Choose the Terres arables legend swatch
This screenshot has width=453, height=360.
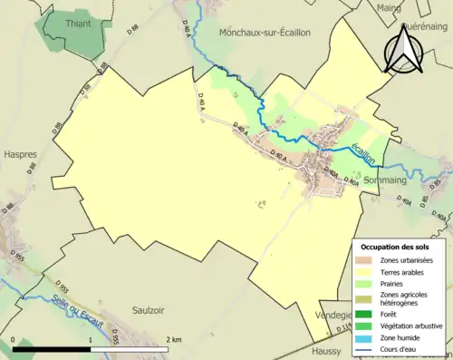(x=367, y=272)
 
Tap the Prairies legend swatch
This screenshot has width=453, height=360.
(x=367, y=284)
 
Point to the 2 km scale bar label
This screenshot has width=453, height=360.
(x=175, y=338)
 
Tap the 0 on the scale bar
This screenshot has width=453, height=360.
(x=13, y=338)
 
